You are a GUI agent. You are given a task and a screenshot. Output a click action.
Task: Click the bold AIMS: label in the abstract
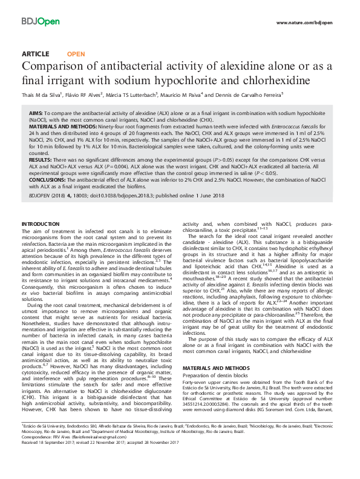click(x=35, y=113)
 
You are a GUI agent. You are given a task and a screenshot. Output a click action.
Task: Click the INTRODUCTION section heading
click(x=44, y=225)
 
